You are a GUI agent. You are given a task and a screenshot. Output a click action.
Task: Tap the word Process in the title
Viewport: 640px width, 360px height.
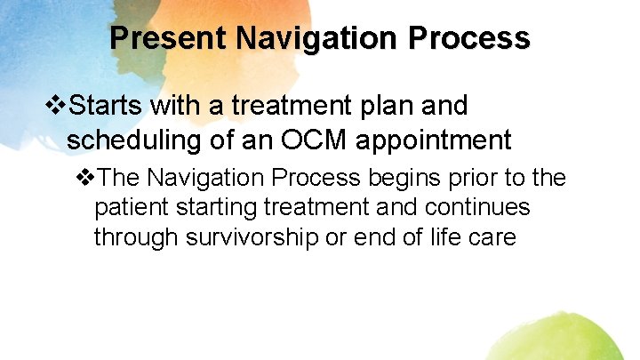(x=473, y=38)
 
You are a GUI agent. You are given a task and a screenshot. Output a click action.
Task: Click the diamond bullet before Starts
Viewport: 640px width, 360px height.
(x=56, y=107)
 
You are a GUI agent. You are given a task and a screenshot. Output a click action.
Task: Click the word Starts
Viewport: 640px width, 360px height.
(x=108, y=107)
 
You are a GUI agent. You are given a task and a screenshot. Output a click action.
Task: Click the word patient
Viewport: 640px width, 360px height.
(x=128, y=208)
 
